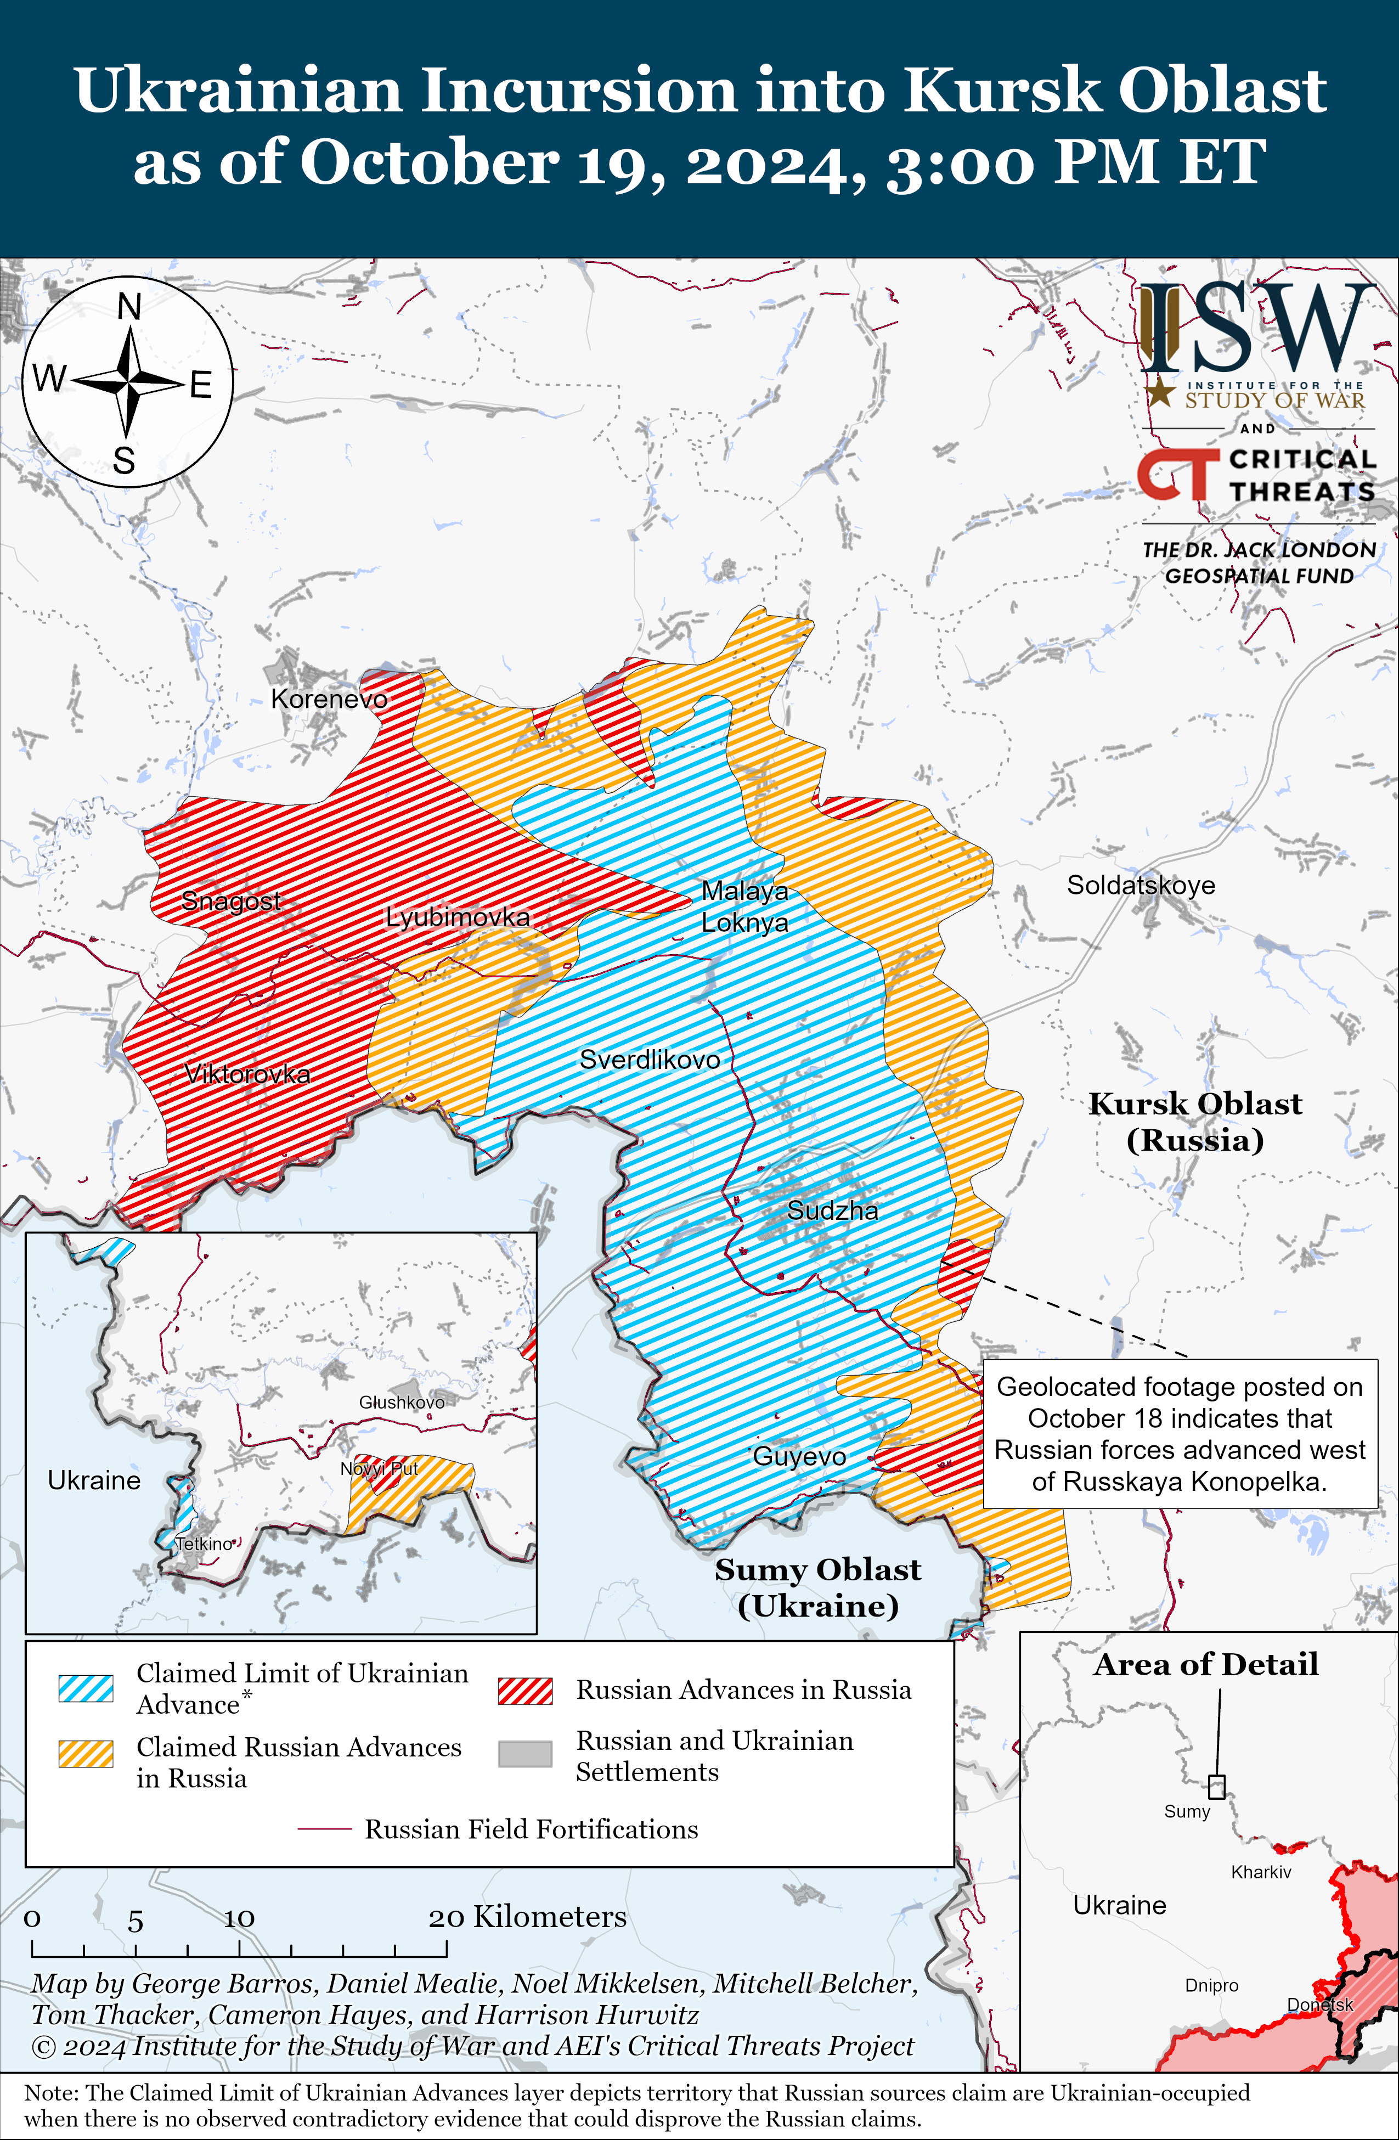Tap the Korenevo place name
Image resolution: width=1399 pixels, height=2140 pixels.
click(x=329, y=699)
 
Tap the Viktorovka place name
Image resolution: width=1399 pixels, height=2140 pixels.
click(x=247, y=1074)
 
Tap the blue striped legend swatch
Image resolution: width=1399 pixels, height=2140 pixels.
click(x=86, y=1688)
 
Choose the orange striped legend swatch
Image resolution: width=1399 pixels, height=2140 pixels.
click(x=86, y=1753)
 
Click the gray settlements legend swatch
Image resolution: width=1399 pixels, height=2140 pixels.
click(x=525, y=1753)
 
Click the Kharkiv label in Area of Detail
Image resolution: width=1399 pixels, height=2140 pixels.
click(x=1261, y=1872)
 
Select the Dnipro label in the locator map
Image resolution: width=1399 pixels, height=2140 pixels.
click(x=1211, y=1985)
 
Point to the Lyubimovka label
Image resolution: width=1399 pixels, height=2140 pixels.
click(x=458, y=917)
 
